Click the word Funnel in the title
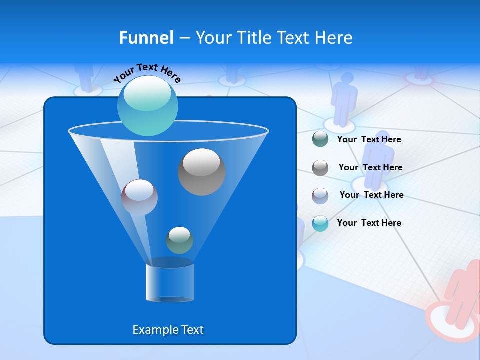click(146, 38)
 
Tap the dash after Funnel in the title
click(184, 38)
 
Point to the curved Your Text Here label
click(147, 73)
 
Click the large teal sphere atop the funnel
click(148, 106)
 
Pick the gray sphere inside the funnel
click(202, 172)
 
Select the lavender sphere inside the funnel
click(139, 197)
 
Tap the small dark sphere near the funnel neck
click(179, 240)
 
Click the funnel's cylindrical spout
click(170, 282)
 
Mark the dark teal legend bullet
click(320, 139)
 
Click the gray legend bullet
click(320, 168)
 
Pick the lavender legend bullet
click(320, 196)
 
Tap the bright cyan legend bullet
click(320, 223)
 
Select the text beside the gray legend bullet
click(370, 167)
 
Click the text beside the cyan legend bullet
click(369, 223)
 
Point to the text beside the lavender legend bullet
click(371, 195)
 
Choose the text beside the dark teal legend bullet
click(369, 139)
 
